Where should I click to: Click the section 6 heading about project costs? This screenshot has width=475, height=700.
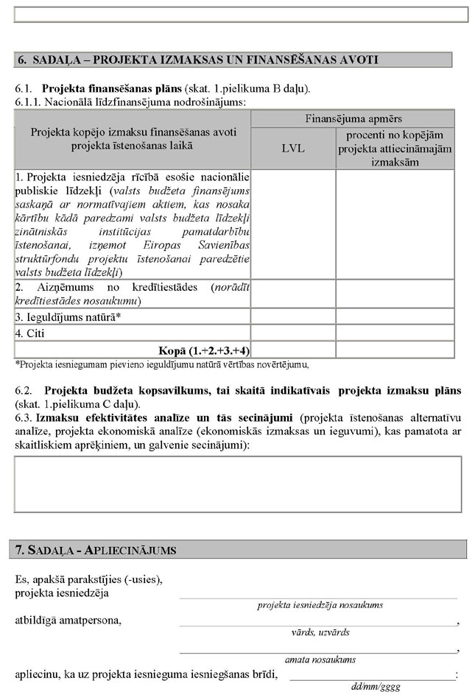tap(197, 60)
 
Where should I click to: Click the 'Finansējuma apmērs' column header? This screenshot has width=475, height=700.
tap(353, 119)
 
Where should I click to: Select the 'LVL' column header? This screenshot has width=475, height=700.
tap(293, 148)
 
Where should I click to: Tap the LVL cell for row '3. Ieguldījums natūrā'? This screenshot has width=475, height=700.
tap(293, 317)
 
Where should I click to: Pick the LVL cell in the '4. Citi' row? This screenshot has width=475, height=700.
tap(293, 333)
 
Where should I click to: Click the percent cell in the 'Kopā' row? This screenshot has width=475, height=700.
tap(395, 350)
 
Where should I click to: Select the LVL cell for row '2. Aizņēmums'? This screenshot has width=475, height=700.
tap(293, 294)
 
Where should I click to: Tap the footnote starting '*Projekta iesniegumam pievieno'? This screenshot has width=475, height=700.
tap(161, 364)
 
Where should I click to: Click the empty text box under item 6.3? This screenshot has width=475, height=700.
tap(237, 484)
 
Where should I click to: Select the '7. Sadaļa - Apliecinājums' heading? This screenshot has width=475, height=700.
tap(96, 550)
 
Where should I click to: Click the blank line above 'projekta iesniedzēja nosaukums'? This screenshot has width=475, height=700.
tap(318, 596)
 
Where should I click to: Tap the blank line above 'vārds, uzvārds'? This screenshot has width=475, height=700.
tap(318, 623)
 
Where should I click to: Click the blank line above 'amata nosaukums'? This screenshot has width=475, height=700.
tap(318, 651)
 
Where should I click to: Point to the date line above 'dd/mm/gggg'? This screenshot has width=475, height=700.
tap(372, 678)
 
